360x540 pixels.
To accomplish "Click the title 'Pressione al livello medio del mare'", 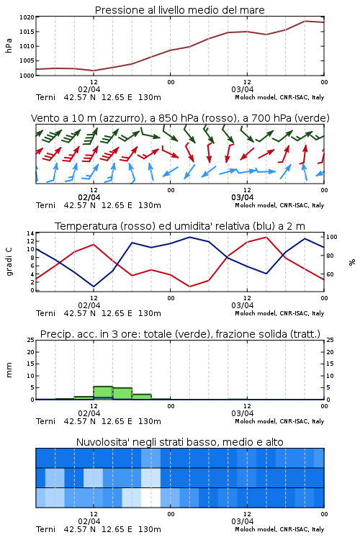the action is coord(179,10).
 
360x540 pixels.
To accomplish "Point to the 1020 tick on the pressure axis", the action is coord(27,17).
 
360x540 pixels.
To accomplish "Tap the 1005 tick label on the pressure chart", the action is coord(27,61).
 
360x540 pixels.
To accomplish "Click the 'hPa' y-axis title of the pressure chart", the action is coord(9,45).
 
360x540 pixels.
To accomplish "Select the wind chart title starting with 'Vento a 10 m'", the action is coord(180,118).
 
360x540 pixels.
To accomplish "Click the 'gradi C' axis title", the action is coord(9,261).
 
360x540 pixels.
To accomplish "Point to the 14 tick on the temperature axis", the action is coord(31,233).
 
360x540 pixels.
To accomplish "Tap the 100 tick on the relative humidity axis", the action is coord(332,237).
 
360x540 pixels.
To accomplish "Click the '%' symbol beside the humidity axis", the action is coord(352,262).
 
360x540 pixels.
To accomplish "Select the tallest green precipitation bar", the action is coord(104,393).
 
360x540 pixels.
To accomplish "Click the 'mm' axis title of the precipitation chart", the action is coord(9,369).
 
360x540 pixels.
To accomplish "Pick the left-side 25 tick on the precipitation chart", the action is coord(31,340).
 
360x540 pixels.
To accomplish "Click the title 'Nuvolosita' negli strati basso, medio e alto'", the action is coord(179,442).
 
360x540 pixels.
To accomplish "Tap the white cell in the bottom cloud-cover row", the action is coord(151,498).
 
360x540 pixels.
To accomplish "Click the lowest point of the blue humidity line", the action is coord(94,287).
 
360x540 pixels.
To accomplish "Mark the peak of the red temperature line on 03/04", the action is coord(266,237).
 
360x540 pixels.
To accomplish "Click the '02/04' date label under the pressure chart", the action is coord(89,89).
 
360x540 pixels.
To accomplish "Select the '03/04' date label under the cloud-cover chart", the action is coord(243,521).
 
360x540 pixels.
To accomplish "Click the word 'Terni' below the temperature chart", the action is coord(45,313).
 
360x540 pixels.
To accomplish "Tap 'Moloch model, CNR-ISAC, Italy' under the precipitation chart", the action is coord(279,421).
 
